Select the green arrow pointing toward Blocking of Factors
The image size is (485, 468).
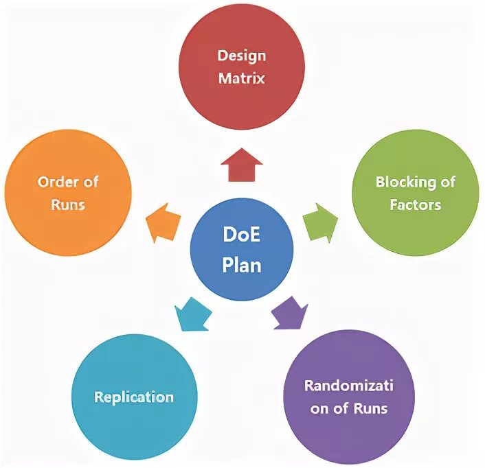320,222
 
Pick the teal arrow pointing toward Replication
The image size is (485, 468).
192,313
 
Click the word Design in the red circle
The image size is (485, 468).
241,56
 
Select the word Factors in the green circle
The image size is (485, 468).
415,204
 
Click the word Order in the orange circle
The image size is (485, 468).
58,182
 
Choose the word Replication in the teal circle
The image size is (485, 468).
134,397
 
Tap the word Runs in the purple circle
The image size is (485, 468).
371,408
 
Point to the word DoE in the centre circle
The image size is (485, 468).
241,235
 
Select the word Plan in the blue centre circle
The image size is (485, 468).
241,264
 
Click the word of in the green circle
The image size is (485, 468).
448,182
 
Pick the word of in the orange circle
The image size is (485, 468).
90,182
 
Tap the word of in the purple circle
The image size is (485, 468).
342,408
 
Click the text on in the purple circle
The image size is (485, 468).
319,408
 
